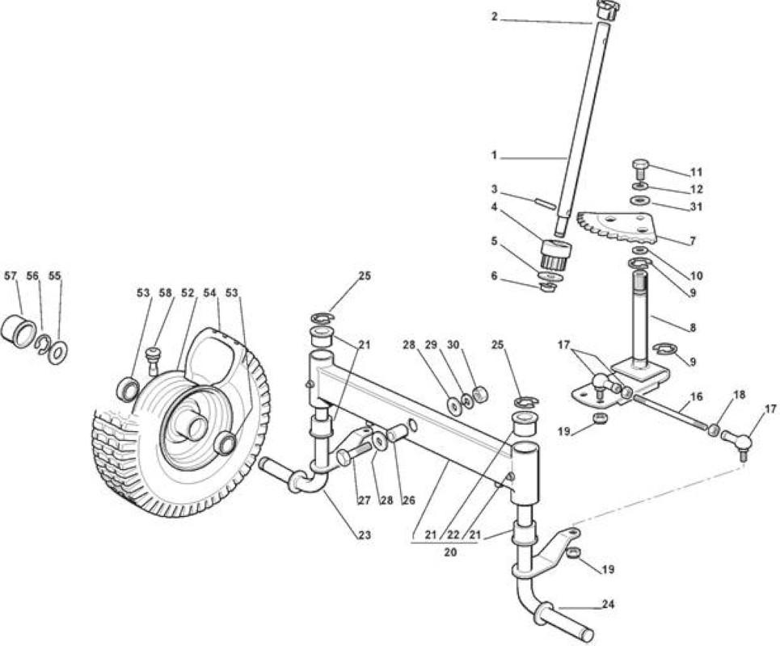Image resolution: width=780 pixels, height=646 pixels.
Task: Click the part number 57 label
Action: click(11, 276)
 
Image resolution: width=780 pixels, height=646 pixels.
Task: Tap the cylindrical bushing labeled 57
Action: click(19, 331)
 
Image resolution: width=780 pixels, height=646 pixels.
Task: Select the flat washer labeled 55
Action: click(58, 352)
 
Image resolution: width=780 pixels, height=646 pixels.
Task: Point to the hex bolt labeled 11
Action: click(639, 169)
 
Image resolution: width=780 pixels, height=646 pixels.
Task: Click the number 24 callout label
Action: click(608, 604)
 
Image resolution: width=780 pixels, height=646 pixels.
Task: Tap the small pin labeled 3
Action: click(546, 204)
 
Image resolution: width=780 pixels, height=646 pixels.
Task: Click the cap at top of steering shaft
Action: click(607, 10)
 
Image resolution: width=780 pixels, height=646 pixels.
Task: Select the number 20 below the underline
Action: click(450, 552)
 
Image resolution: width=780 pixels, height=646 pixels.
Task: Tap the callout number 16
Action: click(697, 396)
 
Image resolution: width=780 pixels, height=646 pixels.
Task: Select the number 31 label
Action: click(697, 206)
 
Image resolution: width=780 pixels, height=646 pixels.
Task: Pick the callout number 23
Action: click(365, 535)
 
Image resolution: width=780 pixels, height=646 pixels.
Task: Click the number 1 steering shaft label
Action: click(494, 155)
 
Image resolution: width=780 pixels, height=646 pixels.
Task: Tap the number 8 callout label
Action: click(693, 328)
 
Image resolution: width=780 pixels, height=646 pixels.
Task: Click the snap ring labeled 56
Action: click(42, 343)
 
